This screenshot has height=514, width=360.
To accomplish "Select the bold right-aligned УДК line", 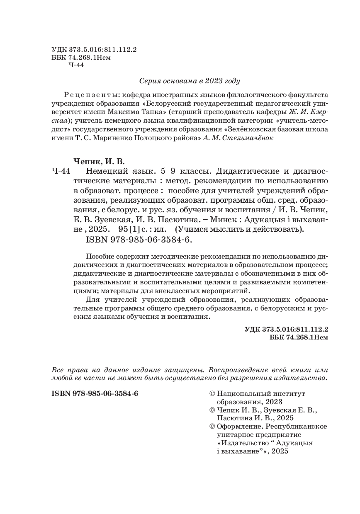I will coord(287,330).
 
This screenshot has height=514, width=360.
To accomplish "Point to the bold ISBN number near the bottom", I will coord(95,393).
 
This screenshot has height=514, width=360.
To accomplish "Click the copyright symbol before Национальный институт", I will coord(213,393).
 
